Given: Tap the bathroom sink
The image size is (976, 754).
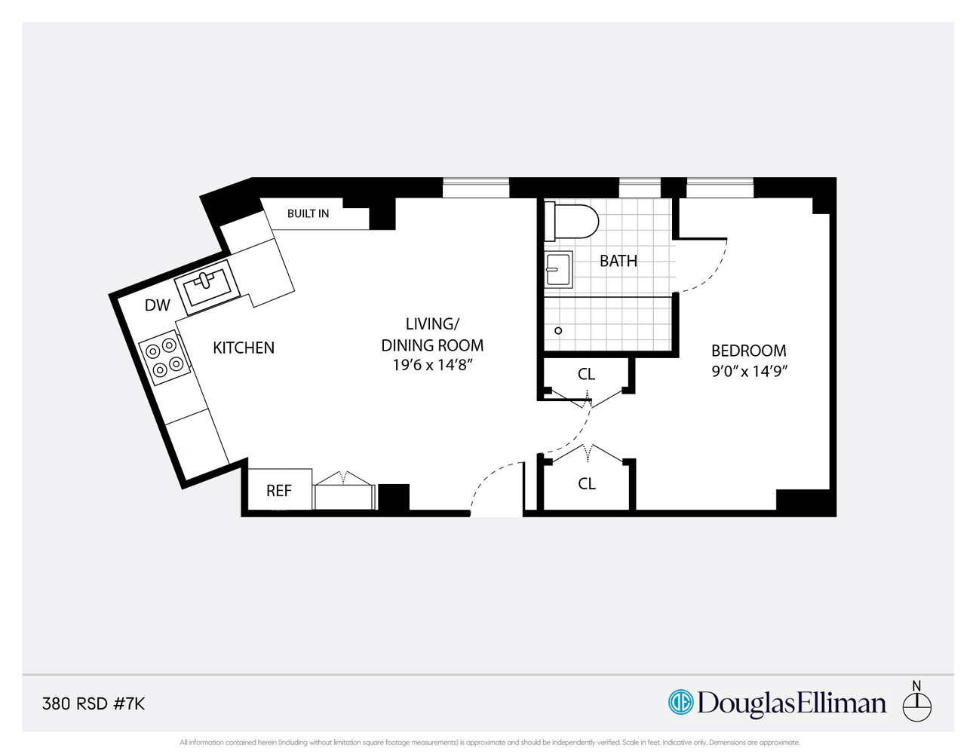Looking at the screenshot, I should tap(558, 269).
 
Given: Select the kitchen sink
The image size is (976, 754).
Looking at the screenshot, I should tap(207, 285).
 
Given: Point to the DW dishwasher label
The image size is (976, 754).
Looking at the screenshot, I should tap(157, 305).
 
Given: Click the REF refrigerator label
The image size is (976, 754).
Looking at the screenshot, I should tap(278, 491).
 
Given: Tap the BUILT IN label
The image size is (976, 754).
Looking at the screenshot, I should tap(308, 214).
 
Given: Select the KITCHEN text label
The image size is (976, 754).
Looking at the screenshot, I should tap(243, 348).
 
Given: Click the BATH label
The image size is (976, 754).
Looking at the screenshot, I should tap(618, 261).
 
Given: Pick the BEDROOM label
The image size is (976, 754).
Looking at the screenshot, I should tap(748, 351).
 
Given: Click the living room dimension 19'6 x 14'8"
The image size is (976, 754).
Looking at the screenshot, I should tap(432, 366).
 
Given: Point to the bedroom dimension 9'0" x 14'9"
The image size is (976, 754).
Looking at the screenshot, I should tap(749, 371).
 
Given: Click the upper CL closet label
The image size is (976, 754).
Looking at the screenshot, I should tap(586, 374).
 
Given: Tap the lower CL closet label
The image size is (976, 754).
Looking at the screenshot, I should tap(586, 484).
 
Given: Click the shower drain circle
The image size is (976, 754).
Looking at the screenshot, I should tap(558, 330).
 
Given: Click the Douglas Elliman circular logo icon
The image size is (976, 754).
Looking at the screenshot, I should tap(680, 702).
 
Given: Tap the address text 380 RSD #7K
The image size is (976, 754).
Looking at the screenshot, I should tap(94, 703).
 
